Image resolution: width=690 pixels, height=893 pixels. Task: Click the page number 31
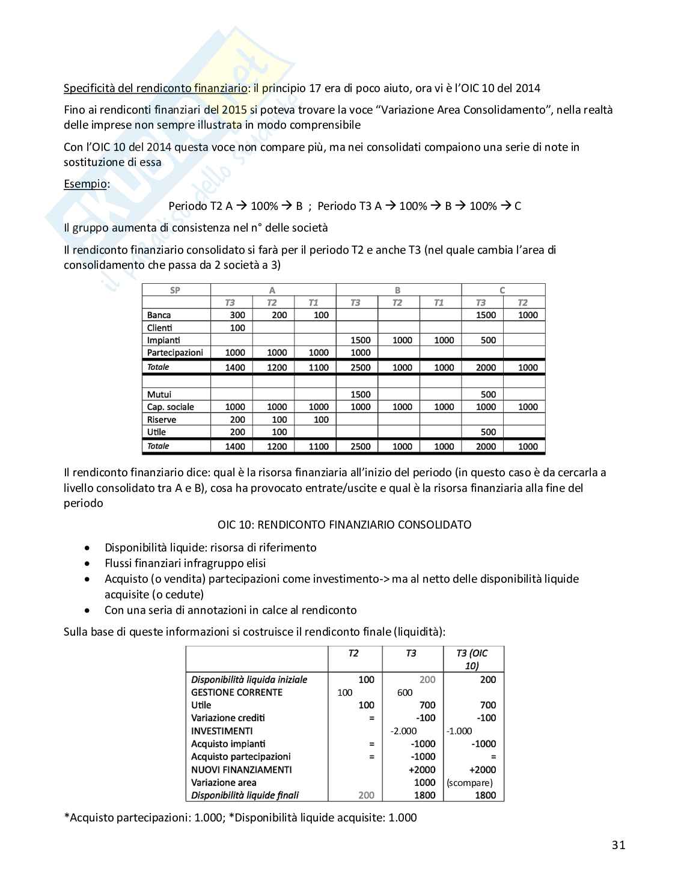(x=618, y=845)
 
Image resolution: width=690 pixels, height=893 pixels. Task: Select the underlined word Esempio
(x=86, y=184)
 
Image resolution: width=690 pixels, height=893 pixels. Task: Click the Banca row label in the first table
(x=159, y=315)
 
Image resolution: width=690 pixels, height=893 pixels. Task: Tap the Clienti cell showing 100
(x=237, y=328)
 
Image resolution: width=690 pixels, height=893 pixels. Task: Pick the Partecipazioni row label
(x=175, y=353)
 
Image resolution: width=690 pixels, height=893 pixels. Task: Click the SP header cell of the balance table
(x=176, y=290)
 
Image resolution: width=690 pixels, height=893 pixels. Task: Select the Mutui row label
(x=159, y=394)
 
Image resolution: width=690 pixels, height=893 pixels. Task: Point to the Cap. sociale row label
(x=171, y=407)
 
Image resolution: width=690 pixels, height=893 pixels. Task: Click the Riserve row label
(x=162, y=420)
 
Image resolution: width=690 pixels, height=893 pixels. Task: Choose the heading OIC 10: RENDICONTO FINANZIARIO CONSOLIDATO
(x=344, y=524)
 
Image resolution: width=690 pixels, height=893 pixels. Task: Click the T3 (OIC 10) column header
(x=472, y=659)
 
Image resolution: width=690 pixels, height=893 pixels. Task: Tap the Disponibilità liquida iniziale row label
(x=249, y=680)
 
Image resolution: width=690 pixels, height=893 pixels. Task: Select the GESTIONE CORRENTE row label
(x=236, y=692)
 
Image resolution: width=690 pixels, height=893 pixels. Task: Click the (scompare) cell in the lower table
(x=469, y=782)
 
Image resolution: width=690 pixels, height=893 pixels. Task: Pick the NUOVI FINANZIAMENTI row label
(x=241, y=770)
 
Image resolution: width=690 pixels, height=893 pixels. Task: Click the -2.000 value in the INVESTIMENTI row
(x=403, y=731)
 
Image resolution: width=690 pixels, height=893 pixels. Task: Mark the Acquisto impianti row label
(x=228, y=744)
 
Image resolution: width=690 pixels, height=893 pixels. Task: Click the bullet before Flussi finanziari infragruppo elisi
(x=89, y=563)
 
